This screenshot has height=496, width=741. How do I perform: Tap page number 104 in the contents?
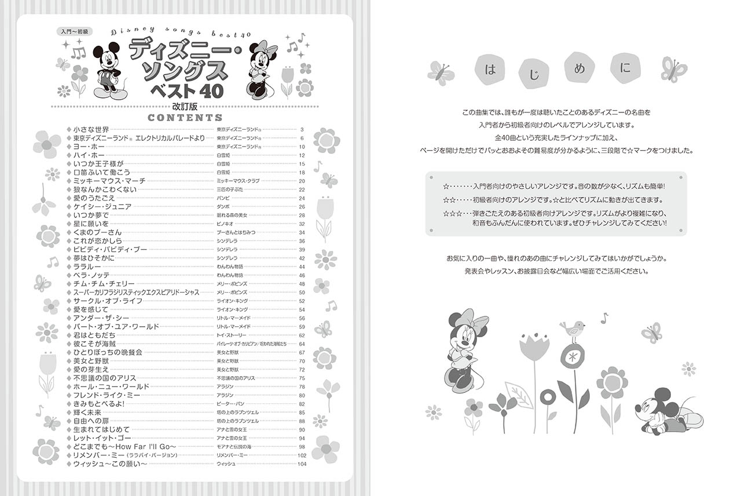click(x=301, y=464)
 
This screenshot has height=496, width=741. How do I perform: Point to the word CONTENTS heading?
click(x=185, y=118)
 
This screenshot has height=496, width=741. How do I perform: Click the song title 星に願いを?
click(x=91, y=224)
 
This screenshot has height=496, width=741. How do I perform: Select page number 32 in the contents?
click(x=302, y=224)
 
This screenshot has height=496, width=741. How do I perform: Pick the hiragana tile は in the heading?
click(x=491, y=70)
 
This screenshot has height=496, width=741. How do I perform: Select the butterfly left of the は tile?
click(x=441, y=74)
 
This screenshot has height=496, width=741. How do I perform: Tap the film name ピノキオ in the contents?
click(x=225, y=224)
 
